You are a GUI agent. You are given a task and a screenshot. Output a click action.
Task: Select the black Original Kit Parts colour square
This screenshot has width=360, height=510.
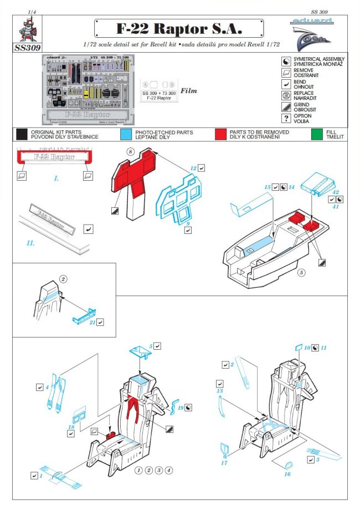pos(22,134)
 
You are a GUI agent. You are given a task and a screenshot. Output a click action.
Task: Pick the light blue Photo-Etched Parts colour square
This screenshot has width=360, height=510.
pos(126,134)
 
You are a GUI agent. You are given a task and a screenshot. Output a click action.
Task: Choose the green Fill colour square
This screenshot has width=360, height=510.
pos(316,134)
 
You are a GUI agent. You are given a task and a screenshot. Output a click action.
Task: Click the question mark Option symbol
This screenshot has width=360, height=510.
pos(286,119)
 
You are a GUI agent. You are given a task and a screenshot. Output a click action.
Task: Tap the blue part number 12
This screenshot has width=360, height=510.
pos(193,167)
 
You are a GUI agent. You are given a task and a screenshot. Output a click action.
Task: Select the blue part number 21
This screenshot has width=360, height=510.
pos(92,322)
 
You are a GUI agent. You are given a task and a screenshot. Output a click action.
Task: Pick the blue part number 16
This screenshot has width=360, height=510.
pos(287,474)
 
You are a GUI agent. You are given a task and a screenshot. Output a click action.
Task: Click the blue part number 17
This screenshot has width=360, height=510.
pos(224,462)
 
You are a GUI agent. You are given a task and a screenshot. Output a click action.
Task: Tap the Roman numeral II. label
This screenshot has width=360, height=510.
pos(30,243)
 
